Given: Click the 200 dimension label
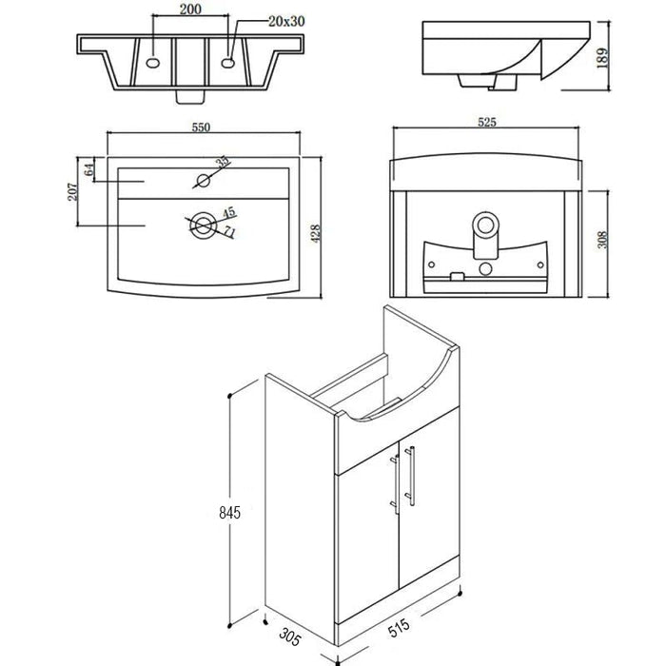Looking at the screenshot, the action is [x=190, y=9].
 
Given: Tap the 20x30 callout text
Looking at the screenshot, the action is [x=286, y=21].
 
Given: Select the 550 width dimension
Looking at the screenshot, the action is [x=202, y=127].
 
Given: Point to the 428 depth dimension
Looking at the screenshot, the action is [x=316, y=234].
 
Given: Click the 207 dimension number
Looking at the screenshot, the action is [x=72, y=191].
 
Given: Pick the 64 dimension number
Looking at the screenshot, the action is [x=88, y=170].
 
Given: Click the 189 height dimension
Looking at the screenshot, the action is [x=602, y=58].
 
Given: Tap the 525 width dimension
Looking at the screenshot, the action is [x=487, y=122].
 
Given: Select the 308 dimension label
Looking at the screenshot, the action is [x=602, y=240].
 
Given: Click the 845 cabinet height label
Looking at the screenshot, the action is [x=230, y=513].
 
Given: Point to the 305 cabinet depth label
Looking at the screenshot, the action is [x=290, y=637].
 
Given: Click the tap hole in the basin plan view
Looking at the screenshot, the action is [x=204, y=180].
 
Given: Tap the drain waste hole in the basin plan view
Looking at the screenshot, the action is [x=203, y=225].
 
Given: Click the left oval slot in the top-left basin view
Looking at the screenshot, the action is [x=153, y=64].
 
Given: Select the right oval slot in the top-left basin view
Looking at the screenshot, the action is [x=228, y=64].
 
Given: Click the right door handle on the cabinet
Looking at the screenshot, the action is [x=410, y=476].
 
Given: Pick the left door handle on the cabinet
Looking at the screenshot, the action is [x=395, y=485].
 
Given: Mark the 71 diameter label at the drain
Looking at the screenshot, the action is [x=230, y=232].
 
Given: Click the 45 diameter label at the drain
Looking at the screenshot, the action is [x=229, y=211].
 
